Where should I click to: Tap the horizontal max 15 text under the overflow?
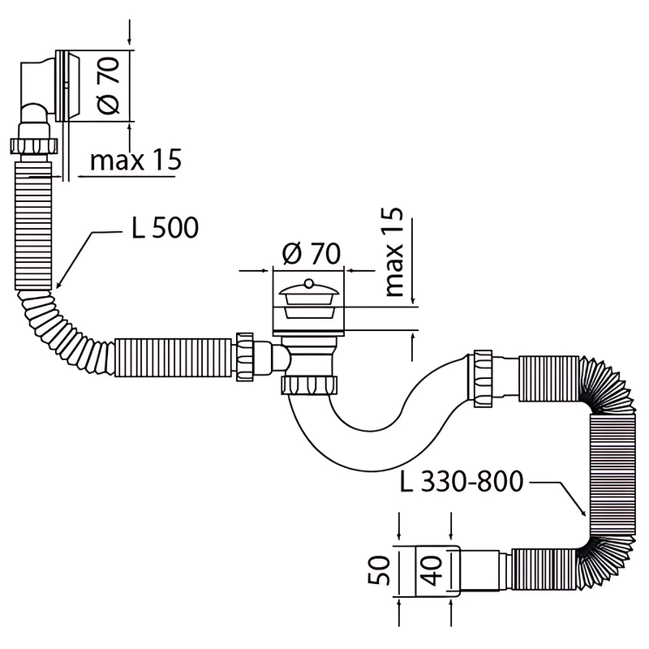click(x=135, y=160)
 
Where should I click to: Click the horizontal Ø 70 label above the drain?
click(x=310, y=254)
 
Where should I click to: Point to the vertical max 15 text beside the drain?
click(x=394, y=252)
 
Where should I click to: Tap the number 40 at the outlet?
click(x=432, y=571)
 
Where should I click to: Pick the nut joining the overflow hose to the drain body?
click(x=244, y=356)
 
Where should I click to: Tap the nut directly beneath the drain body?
click(x=310, y=384)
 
